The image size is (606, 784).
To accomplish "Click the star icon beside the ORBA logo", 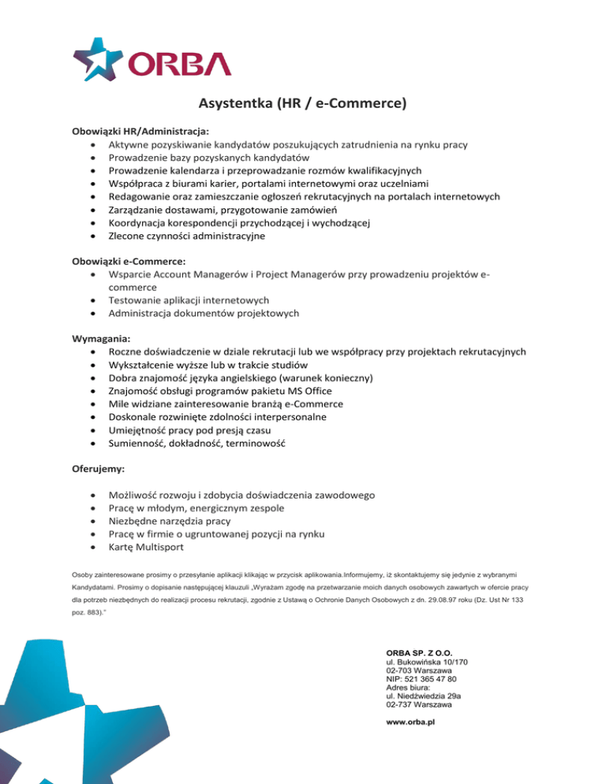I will click(99, 60).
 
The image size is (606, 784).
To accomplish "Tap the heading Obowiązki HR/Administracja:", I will click(140, 132).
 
